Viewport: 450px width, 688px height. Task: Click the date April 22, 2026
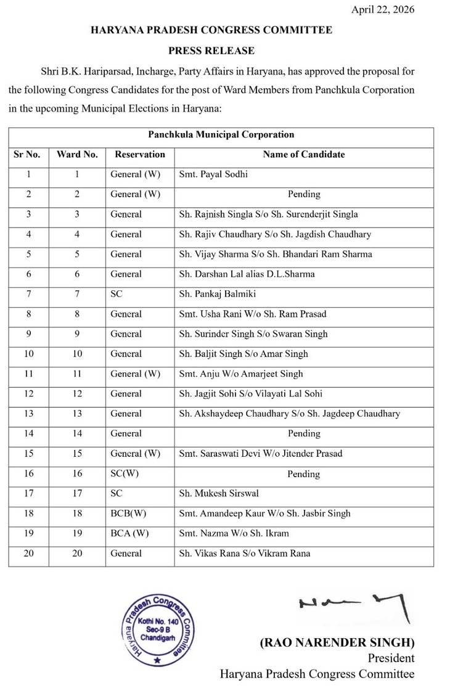point(383,9)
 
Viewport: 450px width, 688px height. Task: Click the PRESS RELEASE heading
point(211,51)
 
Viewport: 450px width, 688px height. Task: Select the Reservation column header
point(140,155)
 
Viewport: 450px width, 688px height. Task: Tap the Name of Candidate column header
point(304,155)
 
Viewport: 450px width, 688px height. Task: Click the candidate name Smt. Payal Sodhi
point(213,174)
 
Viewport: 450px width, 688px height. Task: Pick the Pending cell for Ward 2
point(304,194)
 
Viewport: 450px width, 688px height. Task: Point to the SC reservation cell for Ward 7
point(117,294)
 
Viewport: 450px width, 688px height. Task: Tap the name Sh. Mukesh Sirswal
point(218,494)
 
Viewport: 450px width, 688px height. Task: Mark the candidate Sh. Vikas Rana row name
point(245,554)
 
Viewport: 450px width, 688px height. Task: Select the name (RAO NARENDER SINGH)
point(337,643)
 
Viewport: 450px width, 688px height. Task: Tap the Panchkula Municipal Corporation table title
point(221,134)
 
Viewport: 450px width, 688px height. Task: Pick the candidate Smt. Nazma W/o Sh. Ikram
point(234,533)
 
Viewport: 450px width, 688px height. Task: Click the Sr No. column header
point(28,155)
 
